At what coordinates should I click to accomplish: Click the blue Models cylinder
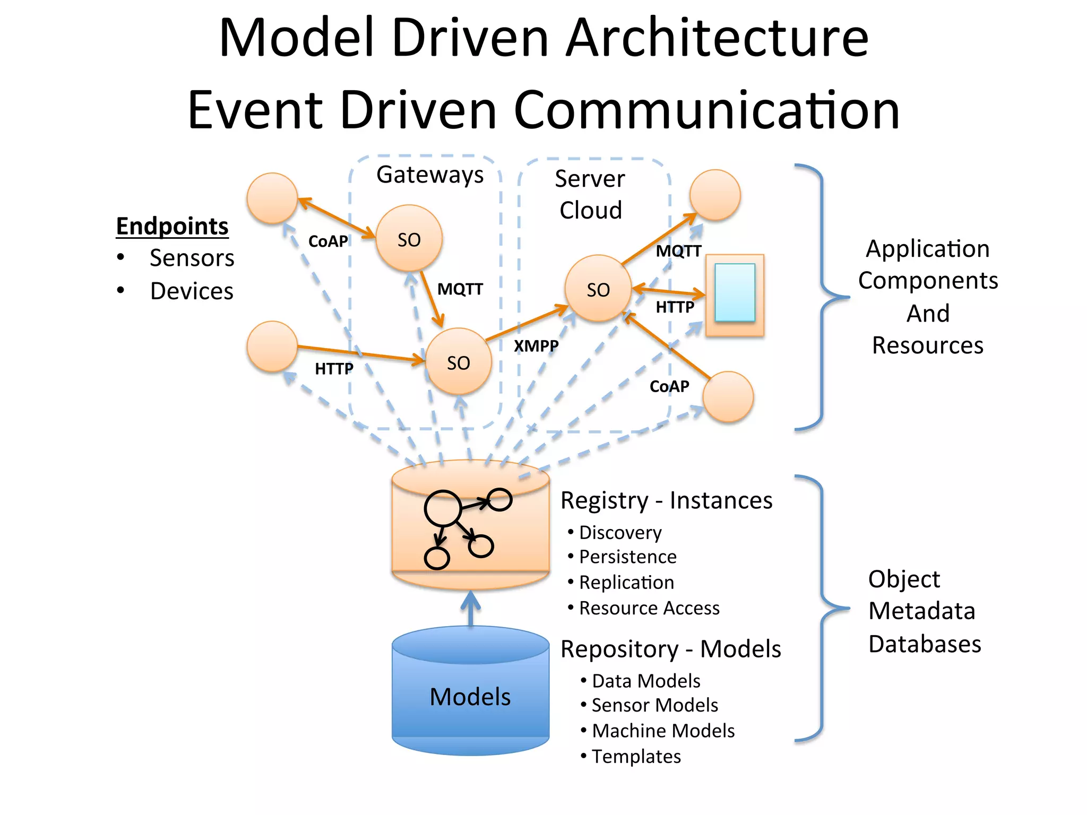[x=470, y=695]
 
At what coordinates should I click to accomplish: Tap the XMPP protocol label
[x=536, y=346]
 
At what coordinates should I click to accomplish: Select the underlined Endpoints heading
[x=172, y=227]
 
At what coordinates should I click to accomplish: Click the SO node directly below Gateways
[x=409, y=239]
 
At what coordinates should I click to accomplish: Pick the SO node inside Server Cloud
[x=598, y=289]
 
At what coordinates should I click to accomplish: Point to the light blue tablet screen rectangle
[x=735, y=292]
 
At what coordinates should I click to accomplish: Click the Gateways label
[x=429, y=175]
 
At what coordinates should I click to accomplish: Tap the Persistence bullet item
[x=627, y=557]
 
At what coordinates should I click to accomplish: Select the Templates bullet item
[x=636, y=756]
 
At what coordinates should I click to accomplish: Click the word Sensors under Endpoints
[x=192, y=258]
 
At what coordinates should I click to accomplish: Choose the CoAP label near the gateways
[x=328, y=241]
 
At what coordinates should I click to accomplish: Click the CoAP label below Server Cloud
[x=669, y=386]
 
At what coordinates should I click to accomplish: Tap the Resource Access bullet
[x=649, y=608]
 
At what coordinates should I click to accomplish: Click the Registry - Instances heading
[x=666, y=500]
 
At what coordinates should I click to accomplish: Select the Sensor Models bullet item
[x=654, y=705]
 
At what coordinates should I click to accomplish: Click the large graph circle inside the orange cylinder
[x=442, y=508]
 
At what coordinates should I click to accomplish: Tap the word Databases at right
[x=925, y=644]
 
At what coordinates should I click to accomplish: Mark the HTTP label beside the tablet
[x=675, y=307]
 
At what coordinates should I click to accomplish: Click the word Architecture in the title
[x=717, y=38]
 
